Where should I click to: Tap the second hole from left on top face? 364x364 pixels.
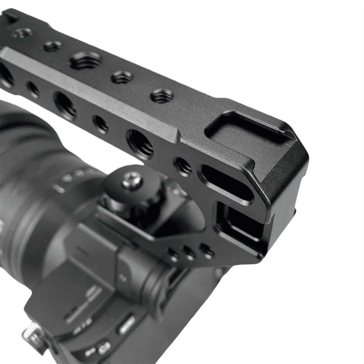point(52,46)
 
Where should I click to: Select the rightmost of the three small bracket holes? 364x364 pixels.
point(207,251)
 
